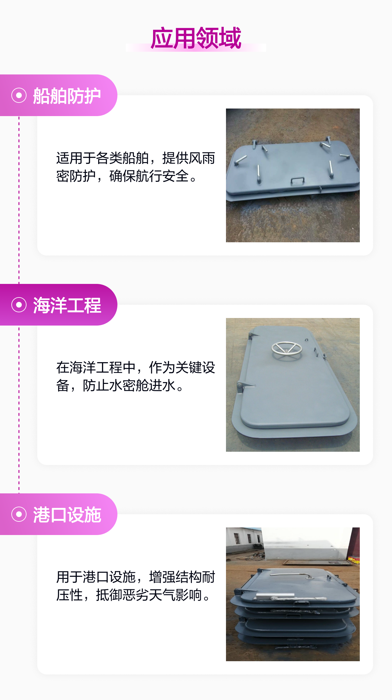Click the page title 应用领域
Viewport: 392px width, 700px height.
(196, 38)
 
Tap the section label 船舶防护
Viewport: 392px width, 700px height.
(67, 96)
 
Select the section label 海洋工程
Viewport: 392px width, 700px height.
(67, 305)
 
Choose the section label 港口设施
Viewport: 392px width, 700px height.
(67, 515)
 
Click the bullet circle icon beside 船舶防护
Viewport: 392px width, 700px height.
(19, 95)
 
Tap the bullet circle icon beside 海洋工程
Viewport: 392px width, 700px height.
(19, 305)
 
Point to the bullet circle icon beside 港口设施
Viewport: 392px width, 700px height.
(19, 514)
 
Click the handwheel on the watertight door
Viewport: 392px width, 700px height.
(287, 349)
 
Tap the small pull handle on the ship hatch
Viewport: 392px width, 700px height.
(298, 181)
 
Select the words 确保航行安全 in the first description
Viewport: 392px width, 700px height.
(149, 176)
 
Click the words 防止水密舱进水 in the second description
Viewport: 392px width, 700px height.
(129, 385)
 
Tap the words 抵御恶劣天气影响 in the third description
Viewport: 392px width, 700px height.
(149, 595)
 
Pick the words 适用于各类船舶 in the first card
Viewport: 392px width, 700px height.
(103, 158)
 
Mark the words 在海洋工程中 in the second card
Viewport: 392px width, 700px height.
(96, 368)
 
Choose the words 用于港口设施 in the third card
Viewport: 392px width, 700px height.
(96, 577)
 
